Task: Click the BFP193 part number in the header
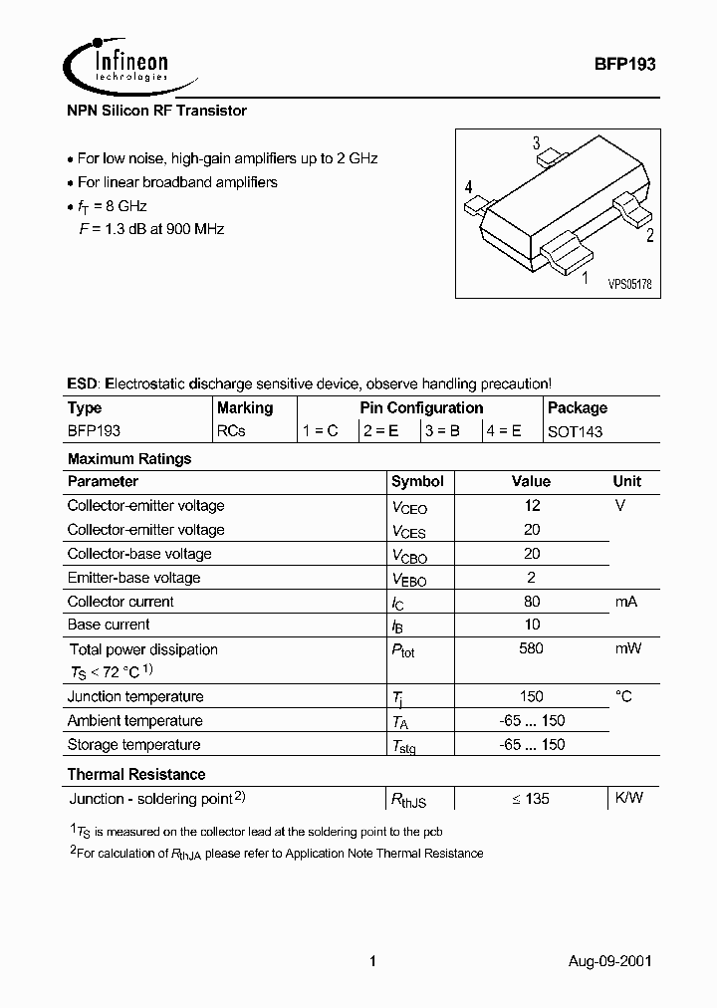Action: click(623, 62)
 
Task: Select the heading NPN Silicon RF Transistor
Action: click(156, 111)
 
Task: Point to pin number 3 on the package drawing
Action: click(536, 143)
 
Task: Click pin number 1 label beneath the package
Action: click(585, 278)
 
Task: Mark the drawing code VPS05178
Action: click(629, 285)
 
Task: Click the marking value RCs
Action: click(231, 431)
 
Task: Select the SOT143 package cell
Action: click(575, 431)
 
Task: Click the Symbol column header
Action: click(416, 481)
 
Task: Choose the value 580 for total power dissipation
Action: click(531, 648)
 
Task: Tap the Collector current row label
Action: click(120, 602)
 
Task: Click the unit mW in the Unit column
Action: click(626, 648)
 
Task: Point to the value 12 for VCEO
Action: click(531, 506)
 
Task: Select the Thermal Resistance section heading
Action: click(136, 774)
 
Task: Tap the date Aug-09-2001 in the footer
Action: click(611, 962)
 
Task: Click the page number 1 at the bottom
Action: click(371, 962)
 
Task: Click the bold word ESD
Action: click(83, 383)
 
